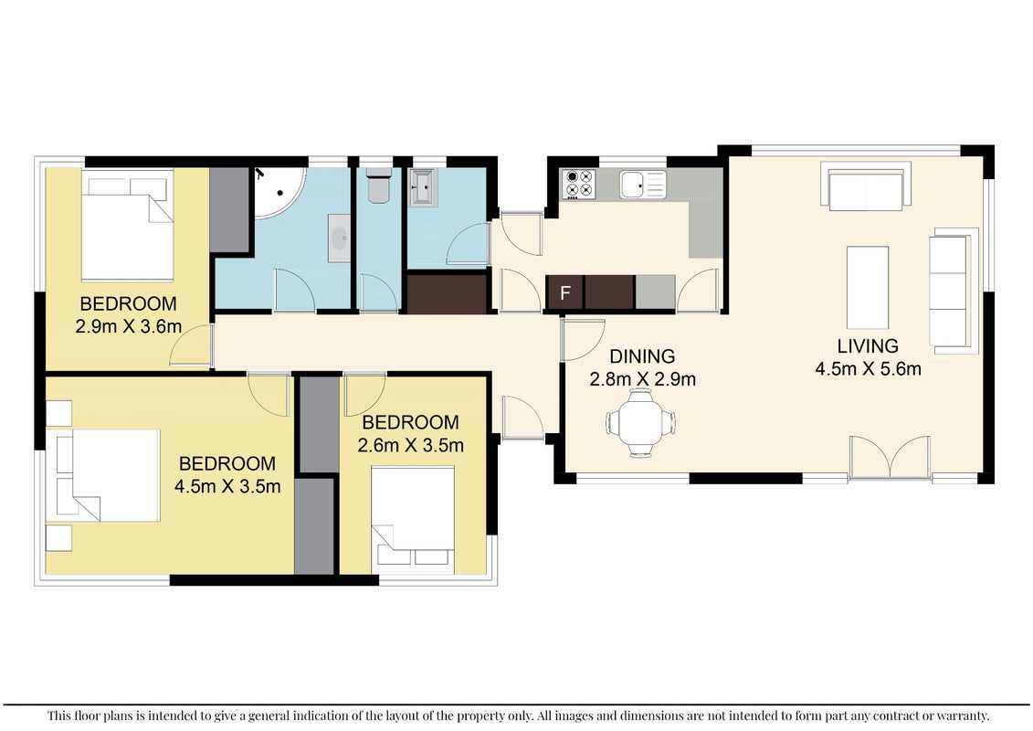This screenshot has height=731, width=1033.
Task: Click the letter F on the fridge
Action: click(x=564, y=292)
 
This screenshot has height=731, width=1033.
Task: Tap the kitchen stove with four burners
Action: click(x=578, y=184)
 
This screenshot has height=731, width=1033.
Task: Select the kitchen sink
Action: click(x=643, y=184)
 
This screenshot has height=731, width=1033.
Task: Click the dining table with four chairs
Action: click(x=641, y=422)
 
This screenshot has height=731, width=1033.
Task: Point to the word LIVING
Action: click(x=868, y=346)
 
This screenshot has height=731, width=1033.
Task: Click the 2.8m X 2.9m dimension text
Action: click(x=642, y=380)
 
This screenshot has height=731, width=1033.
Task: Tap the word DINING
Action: click(x=642, y=356)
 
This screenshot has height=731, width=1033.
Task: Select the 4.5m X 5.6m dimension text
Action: click(x=868, y=369)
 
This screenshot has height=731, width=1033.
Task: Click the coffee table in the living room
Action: click(x=868, y=288)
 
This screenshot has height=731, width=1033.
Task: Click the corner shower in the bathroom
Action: click(x=280, y=193)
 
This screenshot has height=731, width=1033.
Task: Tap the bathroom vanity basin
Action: click(x=339, y=238)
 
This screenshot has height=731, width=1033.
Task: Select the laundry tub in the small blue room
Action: click(x=422, y=188)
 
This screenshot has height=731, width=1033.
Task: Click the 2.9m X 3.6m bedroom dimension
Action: click(x=129, y=326)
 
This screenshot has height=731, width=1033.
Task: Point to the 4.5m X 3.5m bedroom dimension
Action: click(x=227, y=486)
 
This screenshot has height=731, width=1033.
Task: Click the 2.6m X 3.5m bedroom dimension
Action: click(x=410, y=446)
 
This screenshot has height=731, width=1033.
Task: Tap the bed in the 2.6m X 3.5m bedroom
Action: click(x=413, y=520)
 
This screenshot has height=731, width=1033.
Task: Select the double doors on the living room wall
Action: click(x=890, y=458)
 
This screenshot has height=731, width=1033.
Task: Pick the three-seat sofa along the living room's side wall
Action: click(x=953, y=291)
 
